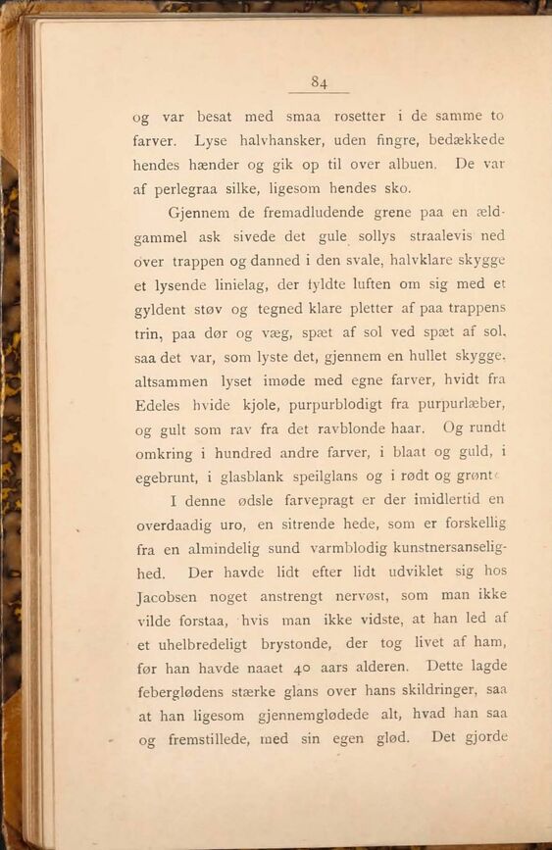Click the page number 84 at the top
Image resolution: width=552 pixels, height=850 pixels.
coord(319,82)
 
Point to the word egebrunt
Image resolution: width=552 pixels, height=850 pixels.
coord(167,477)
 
